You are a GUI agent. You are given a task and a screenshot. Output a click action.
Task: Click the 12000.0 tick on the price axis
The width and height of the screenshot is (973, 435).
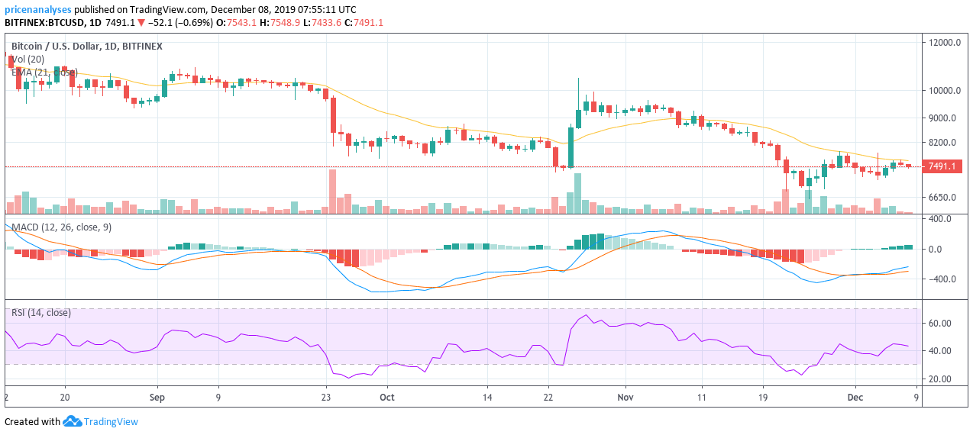[944, 43]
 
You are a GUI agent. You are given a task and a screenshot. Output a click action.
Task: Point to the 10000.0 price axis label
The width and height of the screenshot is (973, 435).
[944, 90]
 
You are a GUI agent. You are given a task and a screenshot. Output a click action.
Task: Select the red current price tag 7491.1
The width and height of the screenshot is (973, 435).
[941, 166]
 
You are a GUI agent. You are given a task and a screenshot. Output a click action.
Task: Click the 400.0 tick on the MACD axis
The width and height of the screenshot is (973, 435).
[941, 219]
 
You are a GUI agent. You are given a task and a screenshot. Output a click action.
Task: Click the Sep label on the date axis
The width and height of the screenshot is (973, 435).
[157, 398]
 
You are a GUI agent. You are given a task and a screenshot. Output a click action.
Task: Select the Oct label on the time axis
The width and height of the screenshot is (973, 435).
[387, 398]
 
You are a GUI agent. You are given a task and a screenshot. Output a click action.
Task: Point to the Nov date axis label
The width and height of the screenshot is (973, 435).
[625, 398]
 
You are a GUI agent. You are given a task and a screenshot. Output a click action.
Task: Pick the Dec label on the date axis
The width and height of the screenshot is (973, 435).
[856, 398]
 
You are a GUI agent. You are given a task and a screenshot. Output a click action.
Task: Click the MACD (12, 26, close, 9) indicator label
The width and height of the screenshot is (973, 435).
[61, 227]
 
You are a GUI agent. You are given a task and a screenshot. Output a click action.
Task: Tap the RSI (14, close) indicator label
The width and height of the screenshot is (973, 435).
[41, 313]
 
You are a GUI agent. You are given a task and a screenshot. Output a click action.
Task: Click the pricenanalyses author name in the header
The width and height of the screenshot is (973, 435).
[38, 10]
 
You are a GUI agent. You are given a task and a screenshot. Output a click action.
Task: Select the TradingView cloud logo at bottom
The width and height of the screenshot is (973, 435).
[73, 421]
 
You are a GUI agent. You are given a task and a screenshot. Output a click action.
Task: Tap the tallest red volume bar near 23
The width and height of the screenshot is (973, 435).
[332, 191]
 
